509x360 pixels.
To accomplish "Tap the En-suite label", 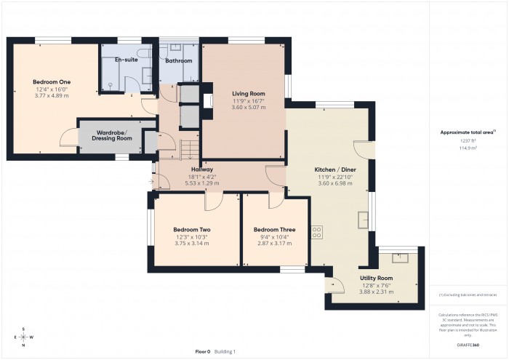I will tap(126, 60).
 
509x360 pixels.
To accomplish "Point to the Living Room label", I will tap(248, 94).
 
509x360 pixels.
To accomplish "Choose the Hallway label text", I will tap(201, 169).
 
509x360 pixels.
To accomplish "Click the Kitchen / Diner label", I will tap(334, 169).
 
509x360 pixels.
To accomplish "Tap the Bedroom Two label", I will tap(192, 230).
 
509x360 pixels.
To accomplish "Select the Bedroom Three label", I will tap(275, 230).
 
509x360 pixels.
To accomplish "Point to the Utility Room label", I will tap(376, 278).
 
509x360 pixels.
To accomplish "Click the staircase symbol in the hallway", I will tap(189, 148).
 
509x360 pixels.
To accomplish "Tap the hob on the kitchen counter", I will tap(317, 232).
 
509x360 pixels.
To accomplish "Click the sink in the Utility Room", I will tap(399, 257).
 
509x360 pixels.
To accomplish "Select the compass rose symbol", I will tap(24, 337).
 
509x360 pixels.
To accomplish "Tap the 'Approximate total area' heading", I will tap(468, 132).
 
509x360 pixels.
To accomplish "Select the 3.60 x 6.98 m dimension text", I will tap(334, 183).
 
